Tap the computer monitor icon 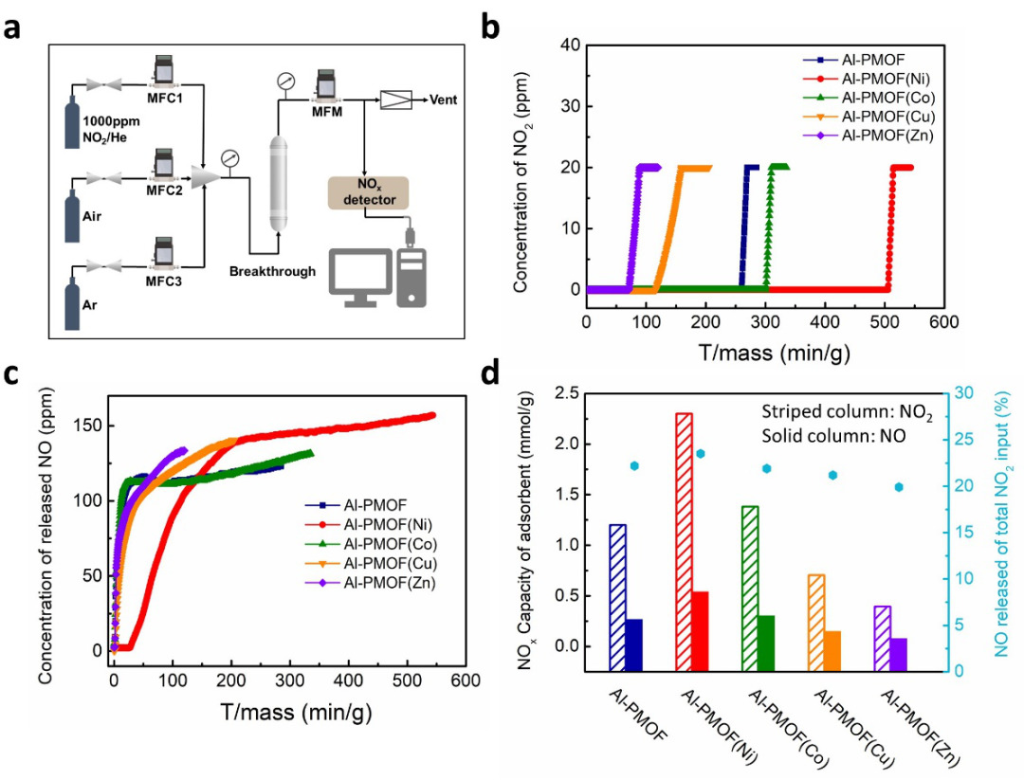tap(359, 276)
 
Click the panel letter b tap(491, 26)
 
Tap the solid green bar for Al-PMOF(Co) tap(766, 643)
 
